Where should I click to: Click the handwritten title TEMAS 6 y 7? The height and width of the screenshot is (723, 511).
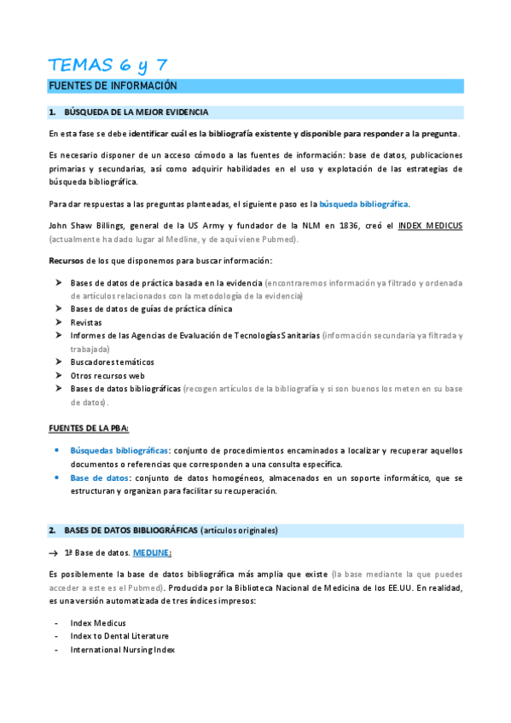(x=108, y=64)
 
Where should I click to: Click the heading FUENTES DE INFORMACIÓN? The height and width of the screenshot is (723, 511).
(x=113, y=86)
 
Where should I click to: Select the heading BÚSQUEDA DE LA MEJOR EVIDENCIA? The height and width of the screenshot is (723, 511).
(x=136, y=113)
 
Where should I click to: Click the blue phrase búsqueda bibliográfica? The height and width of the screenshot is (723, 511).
(x=363, y=204)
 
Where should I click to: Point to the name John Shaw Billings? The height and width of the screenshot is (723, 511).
(x=86, y=225)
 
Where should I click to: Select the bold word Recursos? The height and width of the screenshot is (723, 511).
(x=67, y=260)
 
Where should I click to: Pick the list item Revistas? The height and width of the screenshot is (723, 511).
(x=86, y=322)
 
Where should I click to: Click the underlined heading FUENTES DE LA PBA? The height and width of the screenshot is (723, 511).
(x=89, y=426)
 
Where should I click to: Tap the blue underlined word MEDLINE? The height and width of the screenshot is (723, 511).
(x=152, y=552)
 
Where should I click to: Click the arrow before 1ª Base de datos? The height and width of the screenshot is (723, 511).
(x=54, y=553)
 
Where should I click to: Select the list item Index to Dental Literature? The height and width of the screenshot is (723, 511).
(x=119, y=636)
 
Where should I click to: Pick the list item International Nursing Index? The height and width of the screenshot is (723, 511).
(x=122, y=650)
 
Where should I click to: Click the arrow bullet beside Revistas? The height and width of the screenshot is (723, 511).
(x=58, y=322)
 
